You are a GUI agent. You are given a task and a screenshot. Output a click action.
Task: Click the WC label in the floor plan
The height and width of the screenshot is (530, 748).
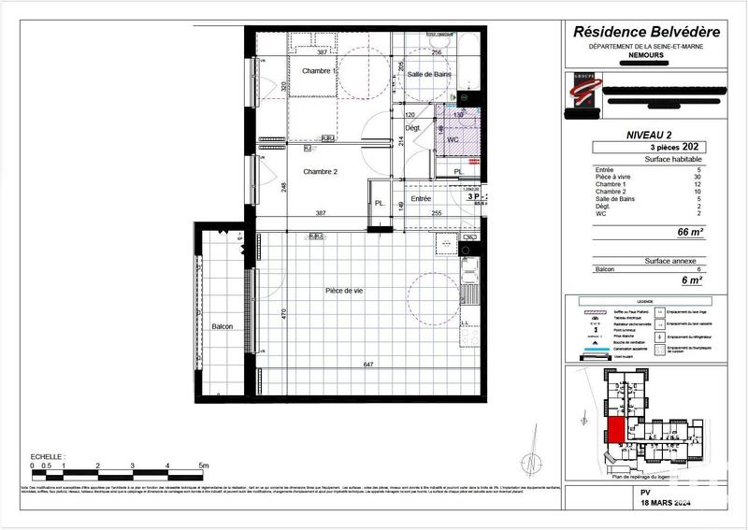(453, 139)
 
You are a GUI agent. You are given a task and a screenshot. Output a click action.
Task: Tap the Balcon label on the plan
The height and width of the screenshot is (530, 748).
(223, 326)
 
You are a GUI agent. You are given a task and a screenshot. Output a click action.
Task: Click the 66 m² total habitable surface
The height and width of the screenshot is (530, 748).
(690, 232)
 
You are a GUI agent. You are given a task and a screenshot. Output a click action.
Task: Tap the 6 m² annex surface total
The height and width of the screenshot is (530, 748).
(692, 279)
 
